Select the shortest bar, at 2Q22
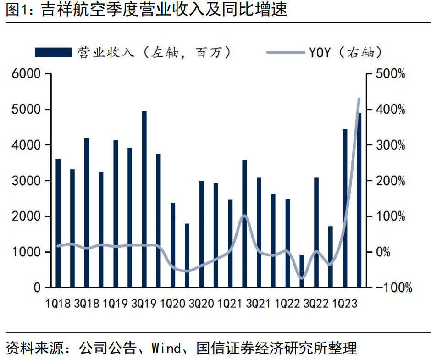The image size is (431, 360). [302, 271]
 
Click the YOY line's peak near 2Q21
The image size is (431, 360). [244, 216]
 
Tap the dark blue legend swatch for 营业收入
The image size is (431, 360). [53, 52]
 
